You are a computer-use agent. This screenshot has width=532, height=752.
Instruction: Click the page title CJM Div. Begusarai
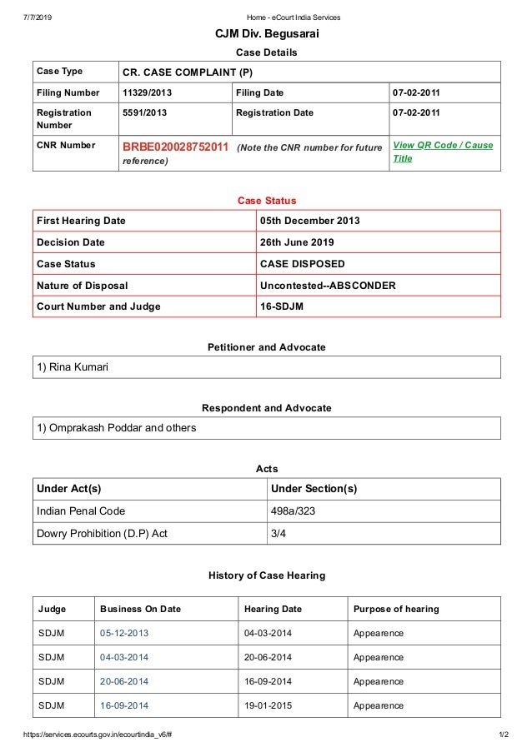pos(267,34)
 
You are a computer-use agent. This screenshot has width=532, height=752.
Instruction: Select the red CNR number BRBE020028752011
pos(175,147)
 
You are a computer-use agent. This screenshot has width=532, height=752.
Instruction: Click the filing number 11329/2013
pos(147,92)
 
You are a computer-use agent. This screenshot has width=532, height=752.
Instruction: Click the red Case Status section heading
pos(267,201)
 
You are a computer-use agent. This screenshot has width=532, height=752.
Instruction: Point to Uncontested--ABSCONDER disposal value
pos(328,286)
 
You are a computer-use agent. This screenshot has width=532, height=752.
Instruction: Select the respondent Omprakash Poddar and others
pos(117,428)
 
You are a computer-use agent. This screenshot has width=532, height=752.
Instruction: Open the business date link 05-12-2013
pos(124,634)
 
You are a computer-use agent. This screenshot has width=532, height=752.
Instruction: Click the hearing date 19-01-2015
pos(268,706)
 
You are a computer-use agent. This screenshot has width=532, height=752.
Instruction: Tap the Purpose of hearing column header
pos(396,609)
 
